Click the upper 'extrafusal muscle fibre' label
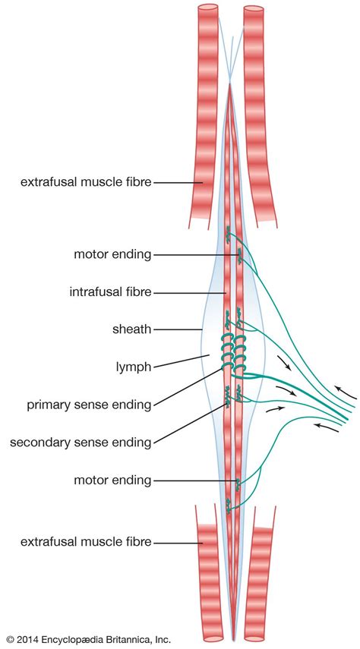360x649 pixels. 85,182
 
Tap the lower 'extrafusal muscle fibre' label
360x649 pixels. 85,542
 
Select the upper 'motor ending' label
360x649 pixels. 112,254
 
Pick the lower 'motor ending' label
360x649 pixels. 112,480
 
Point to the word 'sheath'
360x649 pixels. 131,329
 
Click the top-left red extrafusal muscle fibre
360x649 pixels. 207,114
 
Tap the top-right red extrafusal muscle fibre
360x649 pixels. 254,114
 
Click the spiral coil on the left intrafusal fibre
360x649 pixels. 227,354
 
